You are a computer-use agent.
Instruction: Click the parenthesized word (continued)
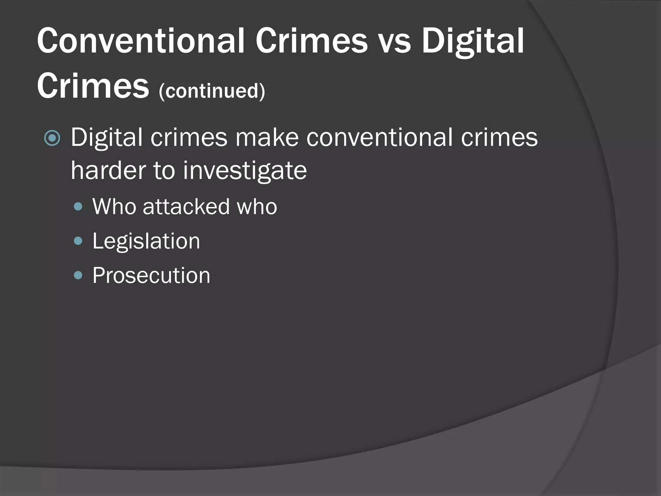[x=212, y=91]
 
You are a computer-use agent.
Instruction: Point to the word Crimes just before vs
[x=311, y=41]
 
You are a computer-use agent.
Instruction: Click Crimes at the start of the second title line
[x=93, y=86]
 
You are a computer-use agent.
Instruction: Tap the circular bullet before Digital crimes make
[x=52, y=138]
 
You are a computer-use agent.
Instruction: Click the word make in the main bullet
[x=267, y=138]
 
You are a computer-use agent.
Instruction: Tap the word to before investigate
[x=162, y=170]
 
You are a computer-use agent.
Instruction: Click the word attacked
[x=186, y=206]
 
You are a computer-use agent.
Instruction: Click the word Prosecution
[x=151, y=275]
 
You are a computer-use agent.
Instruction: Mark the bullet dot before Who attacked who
[x=78, y=207]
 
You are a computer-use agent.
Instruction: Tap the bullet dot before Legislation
[x=78, y=241]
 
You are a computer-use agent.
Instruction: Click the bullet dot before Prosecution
[x=78, y=275]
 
